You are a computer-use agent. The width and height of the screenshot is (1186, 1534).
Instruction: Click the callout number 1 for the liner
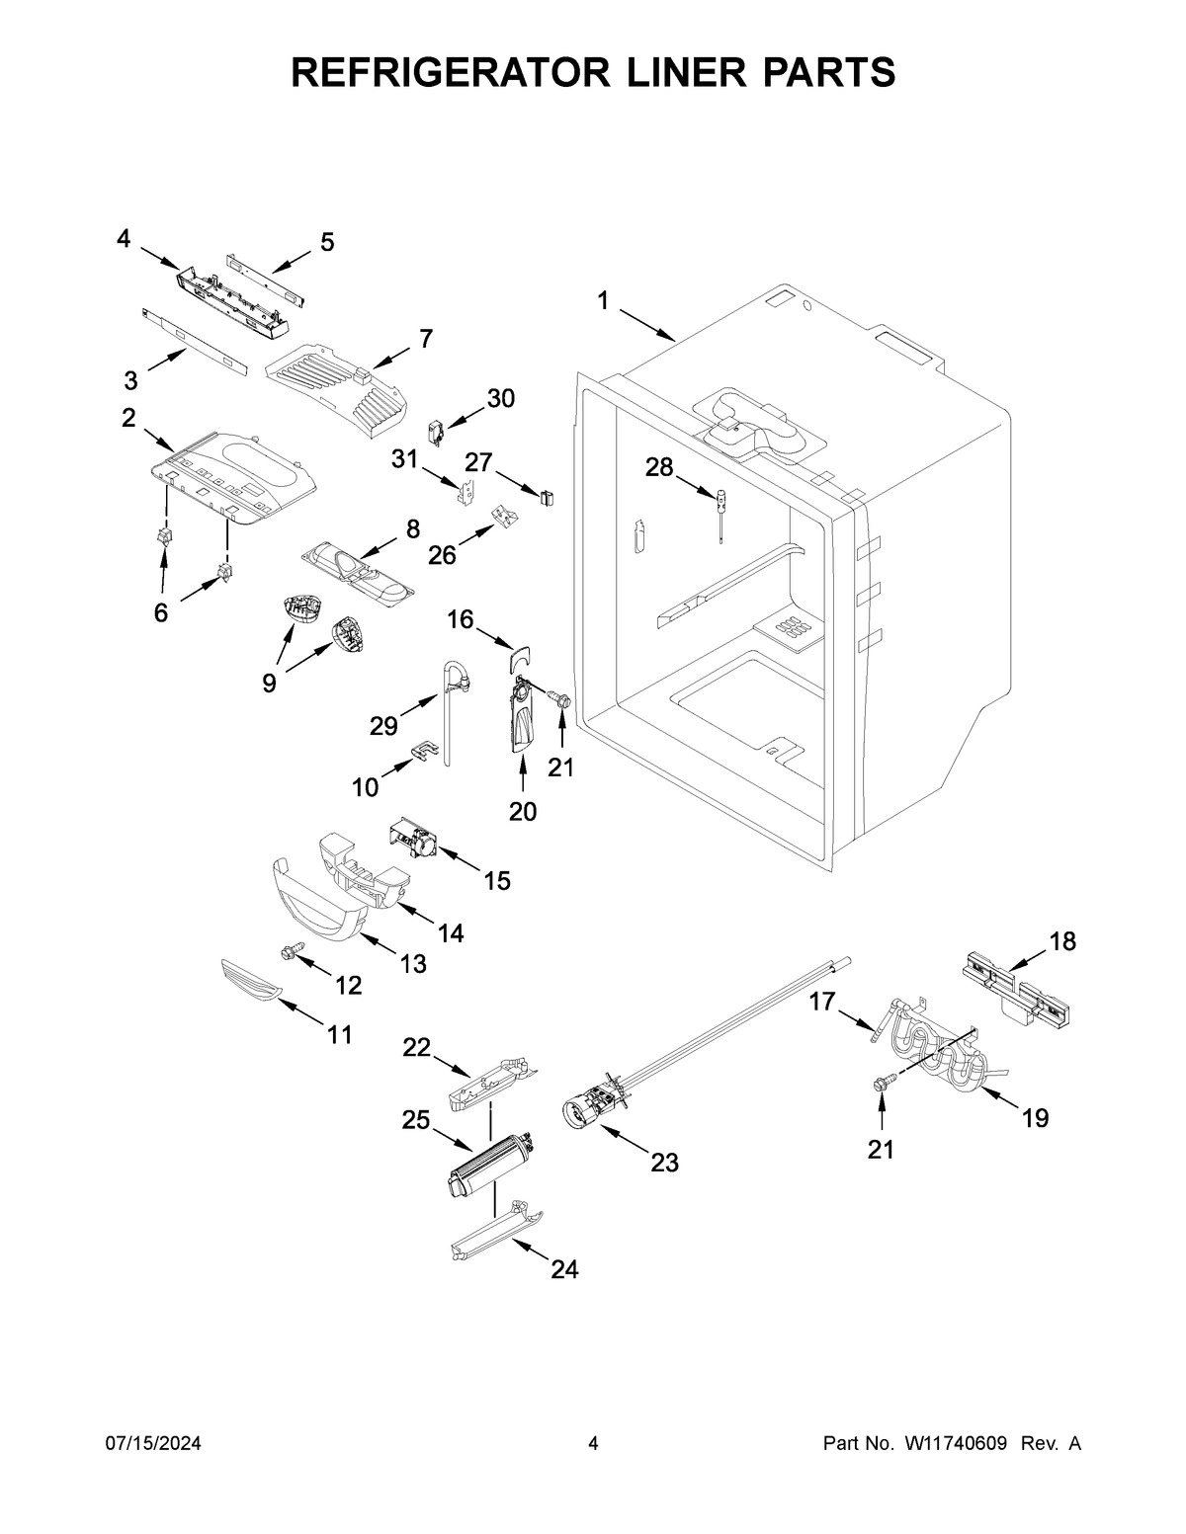point(603,301)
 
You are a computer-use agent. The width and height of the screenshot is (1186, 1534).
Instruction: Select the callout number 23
point(664,1163)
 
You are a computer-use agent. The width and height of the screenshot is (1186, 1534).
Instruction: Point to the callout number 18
point(1062,941)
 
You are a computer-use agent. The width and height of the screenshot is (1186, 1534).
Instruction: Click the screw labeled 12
point(290,952)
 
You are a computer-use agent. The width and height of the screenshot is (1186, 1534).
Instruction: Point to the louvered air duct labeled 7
point(341,391)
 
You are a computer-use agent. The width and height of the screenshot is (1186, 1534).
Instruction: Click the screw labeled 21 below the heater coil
point(881,1085)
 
